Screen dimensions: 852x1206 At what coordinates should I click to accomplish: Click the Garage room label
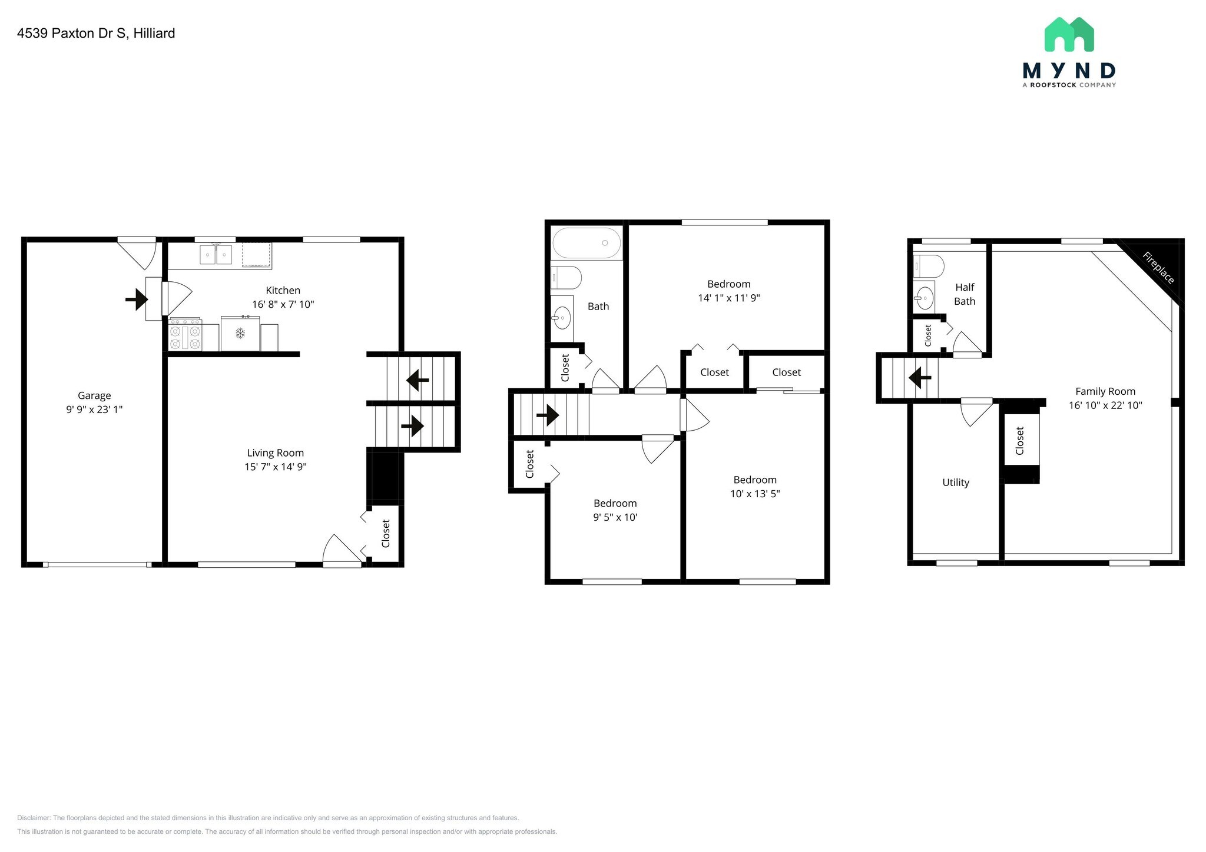[x=94, y=395]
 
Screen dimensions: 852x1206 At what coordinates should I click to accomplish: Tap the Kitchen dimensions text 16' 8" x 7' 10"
[x=283, y=304]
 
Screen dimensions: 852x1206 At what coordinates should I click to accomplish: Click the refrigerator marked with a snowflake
[x=240, y=334]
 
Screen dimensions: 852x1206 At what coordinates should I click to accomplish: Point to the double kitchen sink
[x=216, y=255]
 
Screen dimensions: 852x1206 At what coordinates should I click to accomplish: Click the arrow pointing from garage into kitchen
[x=137, y=299]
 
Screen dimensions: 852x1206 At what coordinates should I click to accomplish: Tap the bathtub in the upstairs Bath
[x=586, y=243]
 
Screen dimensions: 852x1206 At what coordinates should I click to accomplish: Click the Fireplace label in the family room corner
[x=1158, y=268]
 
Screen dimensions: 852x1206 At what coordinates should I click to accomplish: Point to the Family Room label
[x=1105, y=391]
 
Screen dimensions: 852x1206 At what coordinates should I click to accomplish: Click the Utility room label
[x=955, y=482]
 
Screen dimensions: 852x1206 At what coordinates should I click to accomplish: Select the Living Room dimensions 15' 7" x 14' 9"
[x=276, y=467]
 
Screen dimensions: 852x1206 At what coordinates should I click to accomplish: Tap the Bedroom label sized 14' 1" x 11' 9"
[x=728, y=284]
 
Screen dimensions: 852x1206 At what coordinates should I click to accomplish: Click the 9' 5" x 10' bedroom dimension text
[x=615, y=517]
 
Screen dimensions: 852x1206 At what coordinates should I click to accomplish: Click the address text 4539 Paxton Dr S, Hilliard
[x=96, y=34]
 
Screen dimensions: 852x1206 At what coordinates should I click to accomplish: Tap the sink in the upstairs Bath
[x=562, y=318]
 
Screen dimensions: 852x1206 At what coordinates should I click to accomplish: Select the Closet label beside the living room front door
[x=386, y=533]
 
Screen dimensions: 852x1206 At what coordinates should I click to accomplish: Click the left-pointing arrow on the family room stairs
[x=919, y=377]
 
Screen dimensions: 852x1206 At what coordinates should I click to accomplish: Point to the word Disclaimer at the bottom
[x=34, y=818]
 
